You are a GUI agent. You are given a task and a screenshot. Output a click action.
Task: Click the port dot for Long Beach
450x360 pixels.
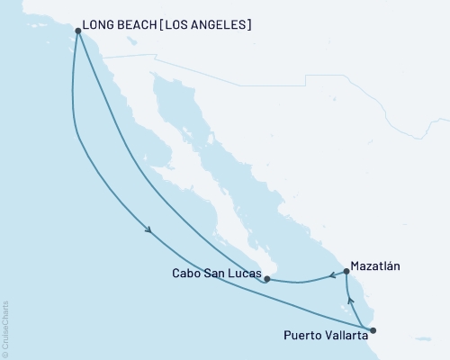[x=77, y=31]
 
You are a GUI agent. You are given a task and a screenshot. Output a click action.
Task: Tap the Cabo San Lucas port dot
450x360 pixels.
[x=266, y=279]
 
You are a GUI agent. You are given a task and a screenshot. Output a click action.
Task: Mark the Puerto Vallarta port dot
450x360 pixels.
[x=373, y=330]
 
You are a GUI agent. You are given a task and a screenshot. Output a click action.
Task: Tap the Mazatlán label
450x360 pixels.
[x=377, y=266]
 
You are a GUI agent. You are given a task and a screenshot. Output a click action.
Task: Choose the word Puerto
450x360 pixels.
[x=301, y=336]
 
